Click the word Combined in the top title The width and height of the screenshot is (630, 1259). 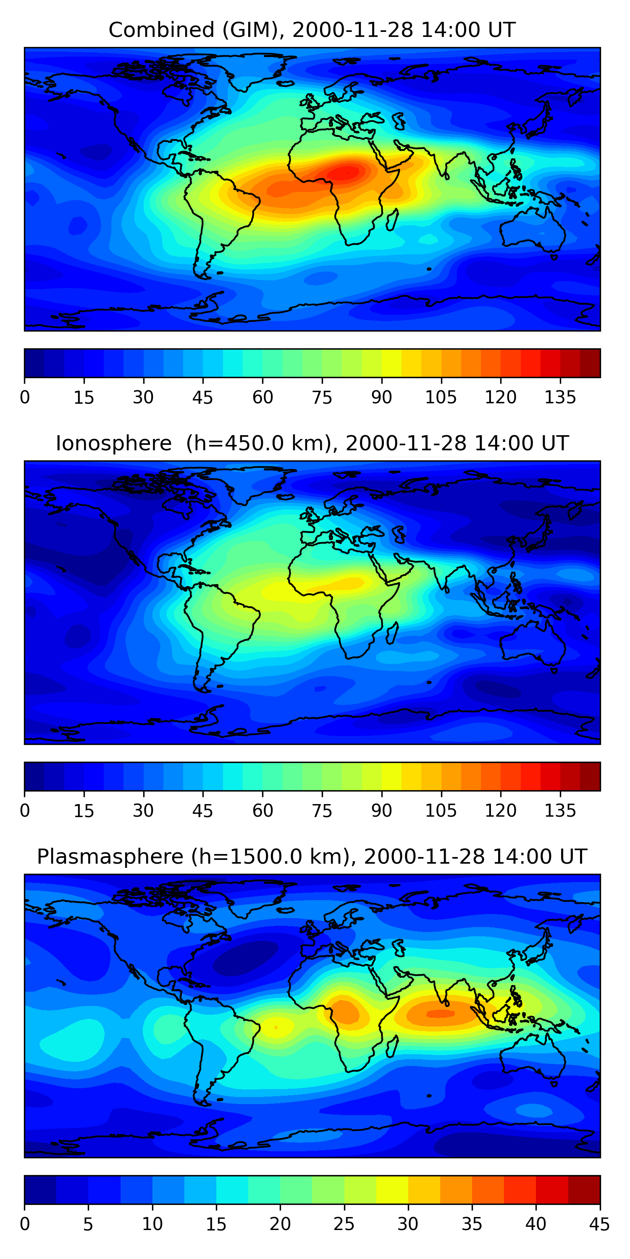[161, 30]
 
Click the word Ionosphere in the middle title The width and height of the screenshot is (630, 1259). [113, 444]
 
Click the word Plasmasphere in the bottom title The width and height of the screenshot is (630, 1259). [110, 857]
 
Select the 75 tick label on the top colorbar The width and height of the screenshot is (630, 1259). [322, 397]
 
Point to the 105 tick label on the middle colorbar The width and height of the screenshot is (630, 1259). [441, 811]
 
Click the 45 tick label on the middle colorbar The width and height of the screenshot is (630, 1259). [202, 811]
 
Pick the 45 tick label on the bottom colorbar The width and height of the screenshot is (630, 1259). [599, 1224]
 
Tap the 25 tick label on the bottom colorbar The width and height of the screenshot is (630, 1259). [344, 1224]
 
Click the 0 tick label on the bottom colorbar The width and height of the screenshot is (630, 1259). [25, 1224]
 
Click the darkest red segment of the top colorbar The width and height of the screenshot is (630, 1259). [590, 363]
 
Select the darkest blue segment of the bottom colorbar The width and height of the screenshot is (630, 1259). [40, 1190]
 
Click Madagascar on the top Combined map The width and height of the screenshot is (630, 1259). [392, 220]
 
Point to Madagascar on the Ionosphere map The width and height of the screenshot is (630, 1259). [392, 633]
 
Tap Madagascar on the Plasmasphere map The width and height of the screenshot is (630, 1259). [392, 1047]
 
